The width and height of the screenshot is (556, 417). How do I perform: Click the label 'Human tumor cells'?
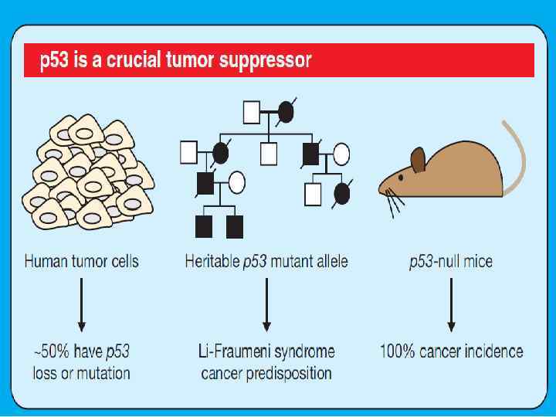[82, 261]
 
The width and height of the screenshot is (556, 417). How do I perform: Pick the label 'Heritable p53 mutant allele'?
[266, 261]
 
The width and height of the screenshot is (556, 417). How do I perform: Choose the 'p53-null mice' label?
[451, 261]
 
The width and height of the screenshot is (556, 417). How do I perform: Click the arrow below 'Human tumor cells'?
[82, 305]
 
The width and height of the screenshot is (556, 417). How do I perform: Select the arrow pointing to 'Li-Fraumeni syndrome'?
[266, 305]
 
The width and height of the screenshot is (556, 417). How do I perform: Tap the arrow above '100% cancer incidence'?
[451, 305]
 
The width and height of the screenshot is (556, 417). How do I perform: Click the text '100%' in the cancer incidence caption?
[400, 352]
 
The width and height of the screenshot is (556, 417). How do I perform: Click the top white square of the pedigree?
[252, 113]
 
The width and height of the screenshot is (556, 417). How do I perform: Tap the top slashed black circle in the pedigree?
[286, 113]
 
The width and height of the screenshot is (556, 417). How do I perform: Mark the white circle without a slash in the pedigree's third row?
[237, 183]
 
